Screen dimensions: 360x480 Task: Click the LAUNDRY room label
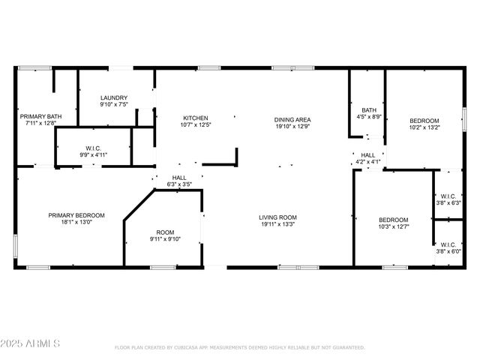pyautogui.click(x=114, y=97)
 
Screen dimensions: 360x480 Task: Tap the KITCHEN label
pyautogui.click(x=196, y=118)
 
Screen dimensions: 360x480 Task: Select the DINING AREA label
pyautogui.click(x=292, y=120)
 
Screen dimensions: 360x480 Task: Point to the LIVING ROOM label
pyautogui.click(x=278, y=216)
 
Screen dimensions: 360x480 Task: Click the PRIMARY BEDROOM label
pyautogui.click(x=76, y=215)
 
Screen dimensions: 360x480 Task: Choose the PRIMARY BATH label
pyautogui.click(x=40, y=116)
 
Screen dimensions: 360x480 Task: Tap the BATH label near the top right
pyautogui.click(x=369, y=109)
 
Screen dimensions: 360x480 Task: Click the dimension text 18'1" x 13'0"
pyautogui.click(x=76, y=223)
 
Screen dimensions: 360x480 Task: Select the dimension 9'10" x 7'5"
pyautogui.click(x=114, y=105)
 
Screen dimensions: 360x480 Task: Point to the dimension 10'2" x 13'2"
pyautogui.click(x=424, y=127)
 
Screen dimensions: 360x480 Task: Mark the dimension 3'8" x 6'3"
pyautogui.click(x=448, y=202)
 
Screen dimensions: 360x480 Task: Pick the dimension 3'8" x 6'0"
pyautogui.click(x=448, y=251)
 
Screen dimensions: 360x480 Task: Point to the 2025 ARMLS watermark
pyautogui.click(x=32, y=343)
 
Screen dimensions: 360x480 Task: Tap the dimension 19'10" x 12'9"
pyautogui.click(x=292, y=127)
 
